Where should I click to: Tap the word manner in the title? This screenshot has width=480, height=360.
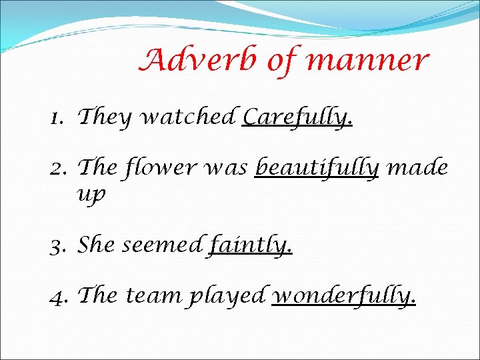click(367, 61)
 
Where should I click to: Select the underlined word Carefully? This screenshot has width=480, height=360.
click(297, 118)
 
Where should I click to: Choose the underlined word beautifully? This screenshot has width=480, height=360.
click(317, 168)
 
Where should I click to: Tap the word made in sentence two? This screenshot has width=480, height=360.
click(417, 167)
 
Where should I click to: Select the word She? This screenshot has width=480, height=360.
click(96, 245)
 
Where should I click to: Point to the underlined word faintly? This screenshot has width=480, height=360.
click(251, 246)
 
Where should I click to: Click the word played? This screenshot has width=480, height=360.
click(229, 295)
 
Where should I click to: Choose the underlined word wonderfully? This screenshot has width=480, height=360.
click(345, 295)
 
